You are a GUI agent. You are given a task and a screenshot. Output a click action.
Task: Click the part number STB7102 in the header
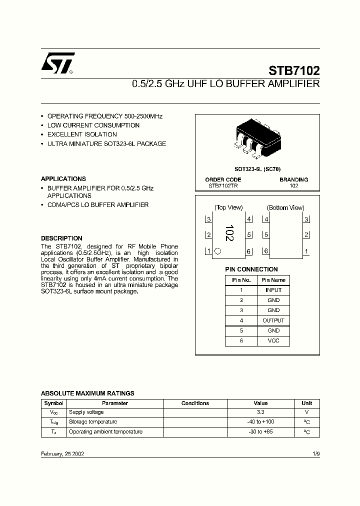click(x=294, y=70)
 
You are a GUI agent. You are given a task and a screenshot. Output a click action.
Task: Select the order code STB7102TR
click(x=223, y=185)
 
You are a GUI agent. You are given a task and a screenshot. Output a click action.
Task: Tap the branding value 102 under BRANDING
click(x=294, y=185)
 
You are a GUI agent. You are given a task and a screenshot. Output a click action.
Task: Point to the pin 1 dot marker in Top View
click(x=217, y=251)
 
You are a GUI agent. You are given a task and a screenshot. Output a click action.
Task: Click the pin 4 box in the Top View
click(x=249, y=219)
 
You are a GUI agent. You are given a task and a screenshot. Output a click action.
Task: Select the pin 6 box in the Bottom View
click(x=266, y=251)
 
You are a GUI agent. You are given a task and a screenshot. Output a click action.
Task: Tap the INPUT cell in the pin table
click(x=273, y=290)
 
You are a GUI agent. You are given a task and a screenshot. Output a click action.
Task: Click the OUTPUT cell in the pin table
click(x=273, y=320)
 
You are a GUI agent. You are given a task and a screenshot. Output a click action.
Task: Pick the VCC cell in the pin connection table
click(x=273, y=340)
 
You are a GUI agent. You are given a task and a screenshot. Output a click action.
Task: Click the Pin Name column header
click(x=273, y=280)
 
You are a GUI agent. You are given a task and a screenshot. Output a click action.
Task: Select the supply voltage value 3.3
click(x=260, y=412)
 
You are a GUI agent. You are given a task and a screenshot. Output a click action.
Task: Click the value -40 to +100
click(x=260, y=421)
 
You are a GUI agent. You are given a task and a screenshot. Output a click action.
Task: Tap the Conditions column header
click(x=195, y=403)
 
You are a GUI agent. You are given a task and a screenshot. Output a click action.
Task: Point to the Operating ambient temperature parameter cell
click(x=105, y=431)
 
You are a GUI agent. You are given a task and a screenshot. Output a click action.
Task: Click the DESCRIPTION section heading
click(x=61, y=238)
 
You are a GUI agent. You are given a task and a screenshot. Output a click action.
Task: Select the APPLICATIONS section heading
click(x=63, y=178)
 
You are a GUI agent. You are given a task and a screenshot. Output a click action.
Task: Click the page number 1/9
click(x=315, y=453)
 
